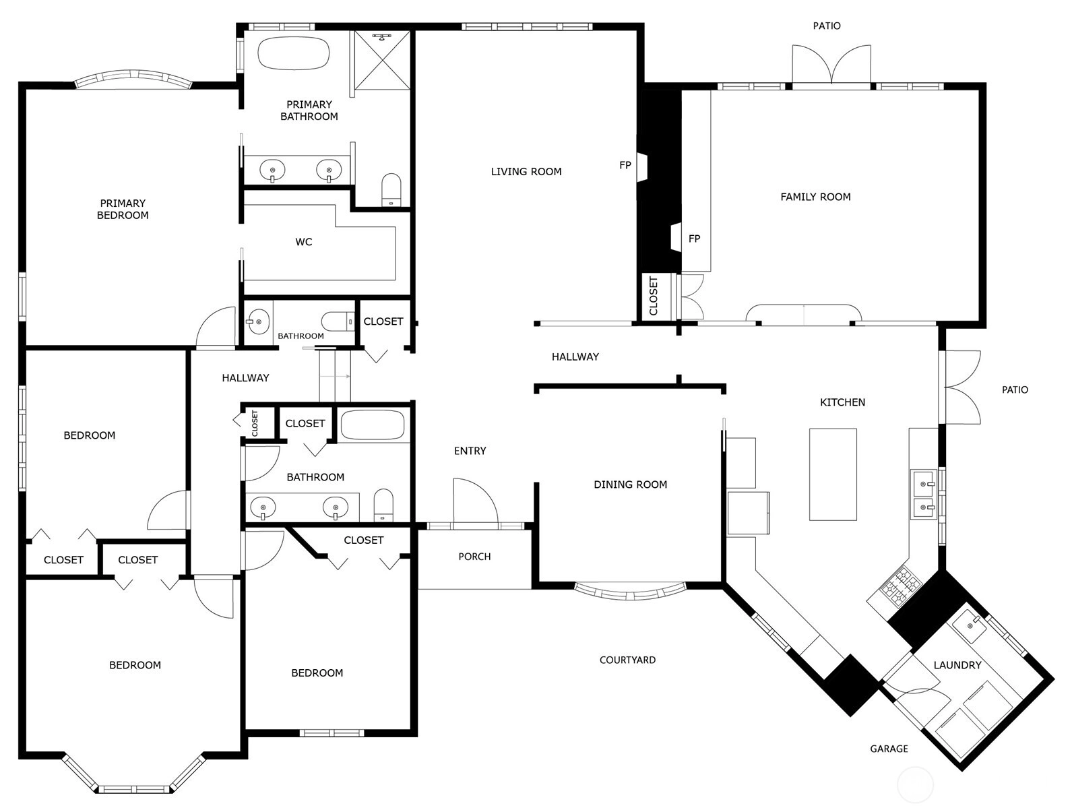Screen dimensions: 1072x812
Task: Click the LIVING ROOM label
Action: [x=526, y=171]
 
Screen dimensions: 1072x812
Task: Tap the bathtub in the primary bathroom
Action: [x=294, y=53]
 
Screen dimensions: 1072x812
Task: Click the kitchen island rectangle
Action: [x=833, y=474]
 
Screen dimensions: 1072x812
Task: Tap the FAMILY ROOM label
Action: [x=815, y=197]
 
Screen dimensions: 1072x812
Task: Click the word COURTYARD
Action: [x=627, y=660]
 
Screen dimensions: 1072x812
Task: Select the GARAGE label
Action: [x=889, y=749]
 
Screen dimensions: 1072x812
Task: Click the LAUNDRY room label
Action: [x=957, y=664]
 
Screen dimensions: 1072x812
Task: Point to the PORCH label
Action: [x=474, y=556]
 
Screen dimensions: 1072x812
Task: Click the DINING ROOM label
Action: [x=630, y=485]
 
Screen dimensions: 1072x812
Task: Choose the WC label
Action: [x=303, y=242]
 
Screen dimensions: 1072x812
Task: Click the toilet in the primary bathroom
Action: [x=391, y=190]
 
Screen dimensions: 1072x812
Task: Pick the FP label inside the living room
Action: [x=625, y=165]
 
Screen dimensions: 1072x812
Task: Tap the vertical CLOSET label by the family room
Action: [x=654, y=296]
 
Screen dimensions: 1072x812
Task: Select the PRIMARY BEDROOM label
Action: [x=123, y=209]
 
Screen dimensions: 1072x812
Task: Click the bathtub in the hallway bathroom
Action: [x=372, y=425]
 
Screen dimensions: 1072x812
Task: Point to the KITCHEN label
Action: [x=842, y=402]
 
